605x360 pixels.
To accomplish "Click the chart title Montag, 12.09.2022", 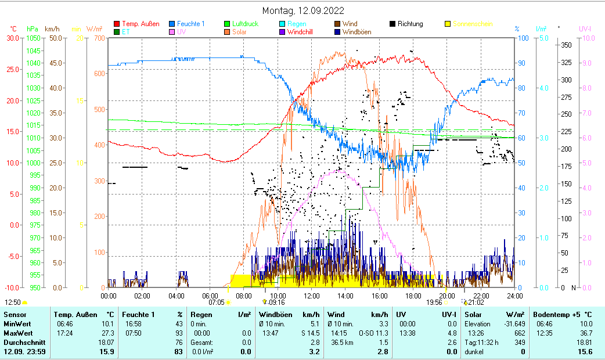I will pyautogui.click(x=302, y=10).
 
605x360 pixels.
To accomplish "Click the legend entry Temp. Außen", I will pyautogui.click(x=140, y=24).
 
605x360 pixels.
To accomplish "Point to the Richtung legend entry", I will pyautogui.click(x=410, y=24).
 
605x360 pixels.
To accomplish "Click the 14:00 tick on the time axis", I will pyautogui.click(x=345, y=296).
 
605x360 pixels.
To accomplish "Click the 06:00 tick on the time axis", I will pyautogui.click(x=210, y=296).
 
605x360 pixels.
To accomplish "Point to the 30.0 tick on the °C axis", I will pyautogui.click(x=13, y=38).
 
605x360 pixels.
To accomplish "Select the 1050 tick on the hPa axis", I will pyautogui.click(x=33, y=38).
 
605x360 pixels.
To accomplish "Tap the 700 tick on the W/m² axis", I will pyautogui.click(x=98, y=38).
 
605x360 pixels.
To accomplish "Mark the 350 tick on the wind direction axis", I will pyautogui.click(x=567, y=45).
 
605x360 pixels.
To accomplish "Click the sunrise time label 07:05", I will pyautogui.click(x=217, y=303).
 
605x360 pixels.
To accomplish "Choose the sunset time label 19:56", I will pyautogui.click(x=434, y=303).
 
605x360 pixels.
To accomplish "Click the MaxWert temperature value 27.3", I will pyautogui.click(x=108, y=333).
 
